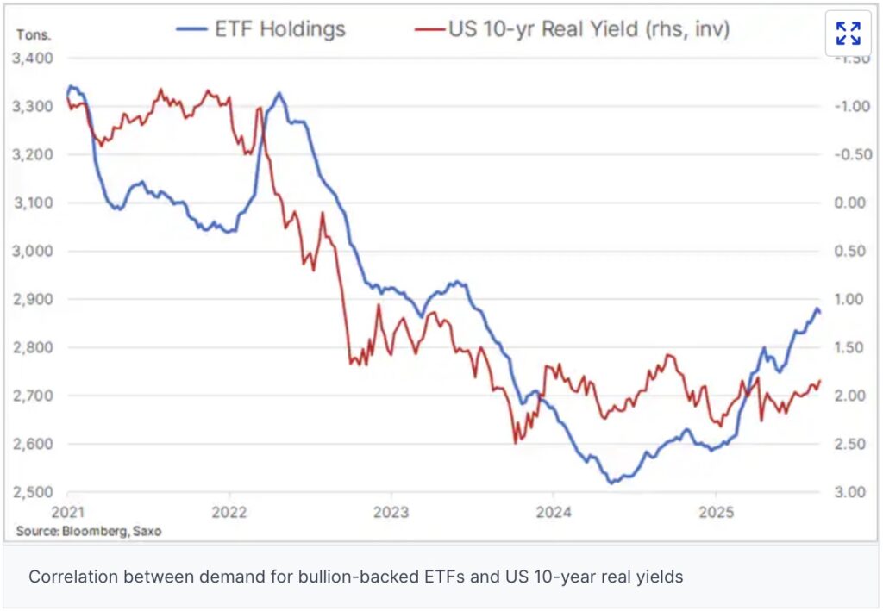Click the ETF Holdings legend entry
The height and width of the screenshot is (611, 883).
pos(260,29)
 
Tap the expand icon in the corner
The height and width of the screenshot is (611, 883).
pos(848,34)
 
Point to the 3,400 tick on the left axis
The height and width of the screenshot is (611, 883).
pos(36,59)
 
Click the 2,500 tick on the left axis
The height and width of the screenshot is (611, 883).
pos(36,492)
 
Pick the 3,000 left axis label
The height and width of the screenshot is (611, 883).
pos(36,252)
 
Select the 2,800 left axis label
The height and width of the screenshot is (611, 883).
pos(36,348)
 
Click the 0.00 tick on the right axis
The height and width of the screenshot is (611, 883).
pos(848,203)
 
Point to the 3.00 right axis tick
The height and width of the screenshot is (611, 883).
pos(848,492)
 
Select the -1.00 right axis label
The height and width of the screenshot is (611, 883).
pos(846,107)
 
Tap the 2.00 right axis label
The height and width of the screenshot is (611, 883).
pos(848,396)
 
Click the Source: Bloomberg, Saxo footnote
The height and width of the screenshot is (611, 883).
pos(88,531)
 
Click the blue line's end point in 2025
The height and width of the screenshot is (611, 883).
pos(819,312)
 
